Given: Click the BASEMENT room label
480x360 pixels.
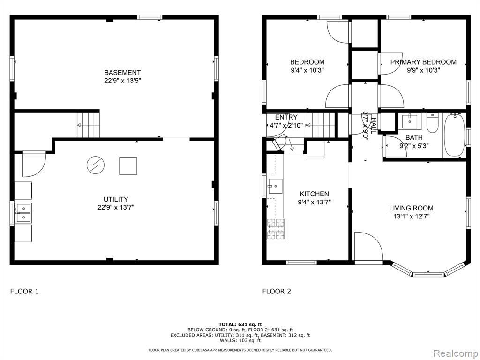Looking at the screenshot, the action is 122,73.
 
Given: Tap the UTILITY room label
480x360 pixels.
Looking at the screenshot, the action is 116,199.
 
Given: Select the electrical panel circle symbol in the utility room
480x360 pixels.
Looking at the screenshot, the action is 96,165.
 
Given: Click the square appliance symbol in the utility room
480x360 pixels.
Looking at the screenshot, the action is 128,166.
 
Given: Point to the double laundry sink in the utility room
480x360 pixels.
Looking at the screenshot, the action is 23,213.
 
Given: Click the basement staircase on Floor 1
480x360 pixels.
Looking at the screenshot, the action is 88,125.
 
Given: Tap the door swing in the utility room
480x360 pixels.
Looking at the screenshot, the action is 34,164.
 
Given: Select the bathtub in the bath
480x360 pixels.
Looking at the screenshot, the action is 455,135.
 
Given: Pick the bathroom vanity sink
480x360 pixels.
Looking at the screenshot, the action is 409,121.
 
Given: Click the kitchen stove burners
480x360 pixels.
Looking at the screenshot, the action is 276,229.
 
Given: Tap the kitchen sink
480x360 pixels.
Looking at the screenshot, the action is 274,186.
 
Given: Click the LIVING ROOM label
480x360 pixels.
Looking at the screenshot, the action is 411,208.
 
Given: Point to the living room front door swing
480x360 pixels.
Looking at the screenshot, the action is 368,247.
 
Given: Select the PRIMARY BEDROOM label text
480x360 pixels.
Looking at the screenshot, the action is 423,62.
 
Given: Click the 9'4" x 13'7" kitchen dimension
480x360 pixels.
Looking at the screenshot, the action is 314,202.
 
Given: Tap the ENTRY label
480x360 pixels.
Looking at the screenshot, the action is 286,117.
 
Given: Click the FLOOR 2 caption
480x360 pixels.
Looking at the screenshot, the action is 277,291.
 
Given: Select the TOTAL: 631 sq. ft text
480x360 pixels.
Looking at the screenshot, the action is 240,324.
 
